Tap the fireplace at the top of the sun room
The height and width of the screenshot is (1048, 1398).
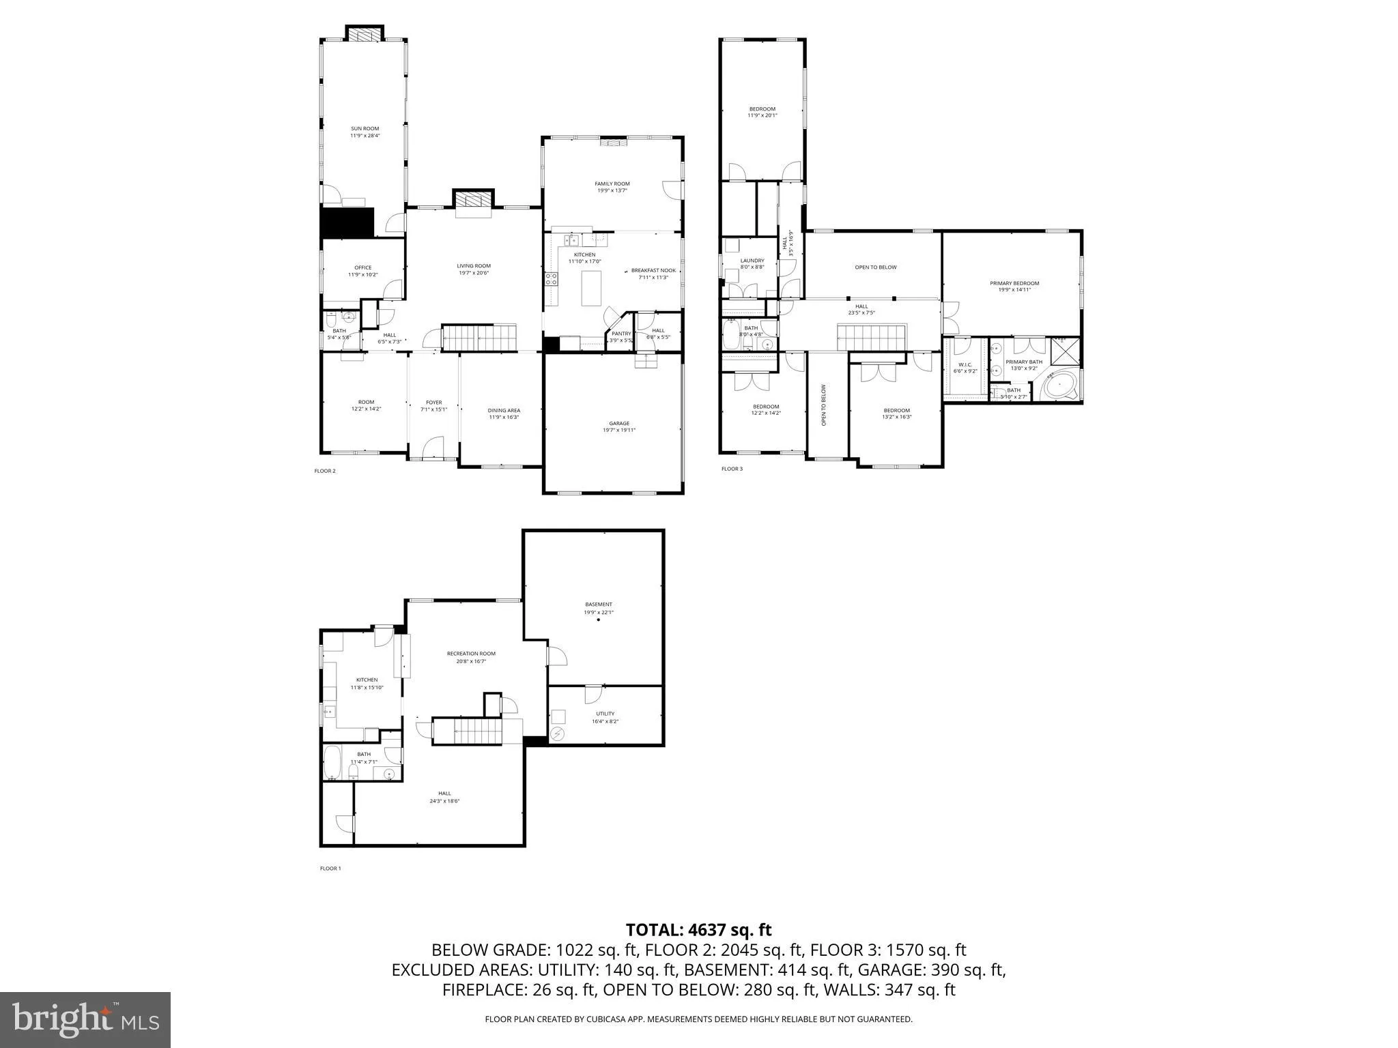[364, 33]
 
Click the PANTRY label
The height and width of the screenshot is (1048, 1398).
[620, 334]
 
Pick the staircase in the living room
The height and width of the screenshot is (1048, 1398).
[481, 337]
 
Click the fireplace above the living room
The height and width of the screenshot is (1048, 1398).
[473, 200]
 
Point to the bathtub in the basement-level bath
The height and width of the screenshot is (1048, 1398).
[332, 763]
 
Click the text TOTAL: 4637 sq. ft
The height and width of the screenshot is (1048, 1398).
[698, 929]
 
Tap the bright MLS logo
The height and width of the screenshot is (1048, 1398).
[85, 1019]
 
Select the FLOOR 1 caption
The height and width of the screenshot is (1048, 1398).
[330, 869]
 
